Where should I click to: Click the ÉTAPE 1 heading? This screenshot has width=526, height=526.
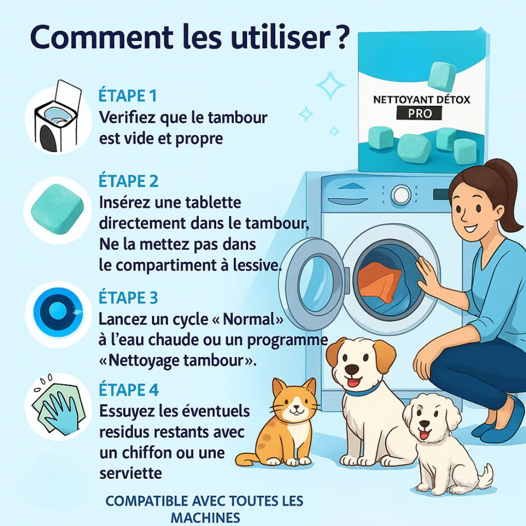click(128, 95)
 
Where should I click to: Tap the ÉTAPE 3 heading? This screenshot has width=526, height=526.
click(128, 298)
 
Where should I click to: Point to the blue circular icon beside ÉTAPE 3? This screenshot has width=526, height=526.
click(57, 310)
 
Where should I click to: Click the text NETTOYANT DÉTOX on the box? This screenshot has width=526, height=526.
click(422, 100)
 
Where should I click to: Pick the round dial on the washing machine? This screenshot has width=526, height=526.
click(401, 195)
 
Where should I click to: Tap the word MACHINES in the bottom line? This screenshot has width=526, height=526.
click(205, 517)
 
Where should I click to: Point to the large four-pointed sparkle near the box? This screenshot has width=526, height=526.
click(330, 86)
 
